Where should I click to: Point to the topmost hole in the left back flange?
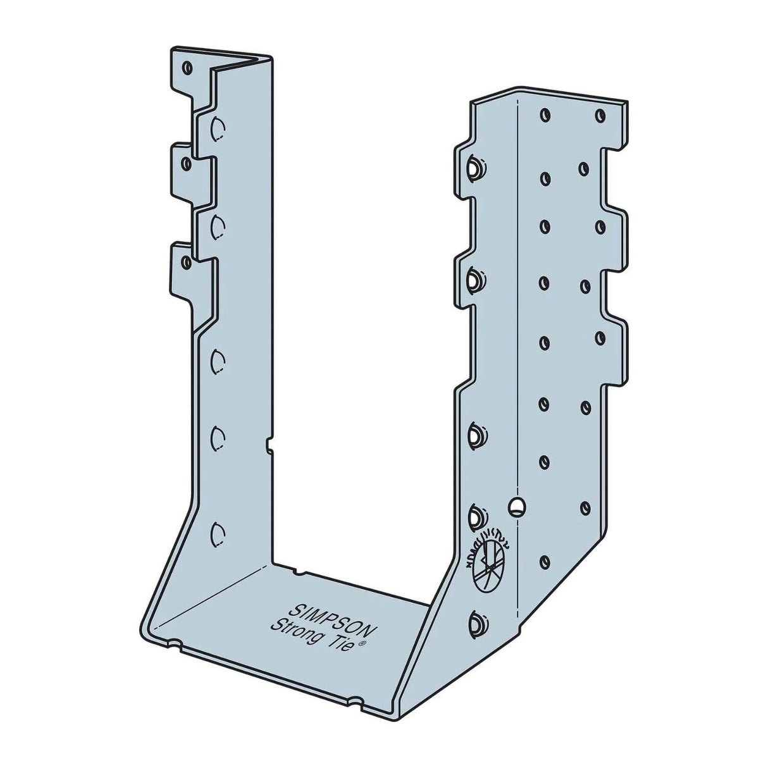point(187,66)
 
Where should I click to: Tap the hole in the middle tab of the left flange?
point(185,163)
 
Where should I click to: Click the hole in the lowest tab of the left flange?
point(186,261)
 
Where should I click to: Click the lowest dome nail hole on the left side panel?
point(218,531)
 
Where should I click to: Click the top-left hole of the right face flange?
point(543,115)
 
